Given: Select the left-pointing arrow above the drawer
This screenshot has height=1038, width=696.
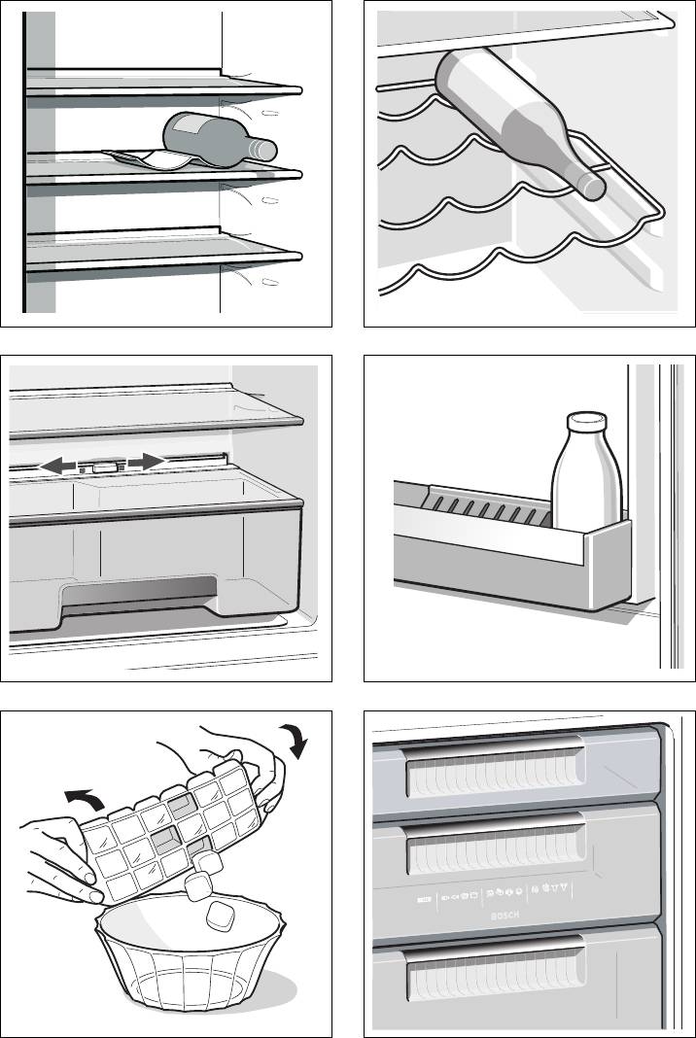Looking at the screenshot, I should click(58, 468).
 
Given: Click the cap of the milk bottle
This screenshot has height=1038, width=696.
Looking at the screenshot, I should click(586, 423).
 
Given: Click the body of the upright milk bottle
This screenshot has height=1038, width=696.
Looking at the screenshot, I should click(586, 486).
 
